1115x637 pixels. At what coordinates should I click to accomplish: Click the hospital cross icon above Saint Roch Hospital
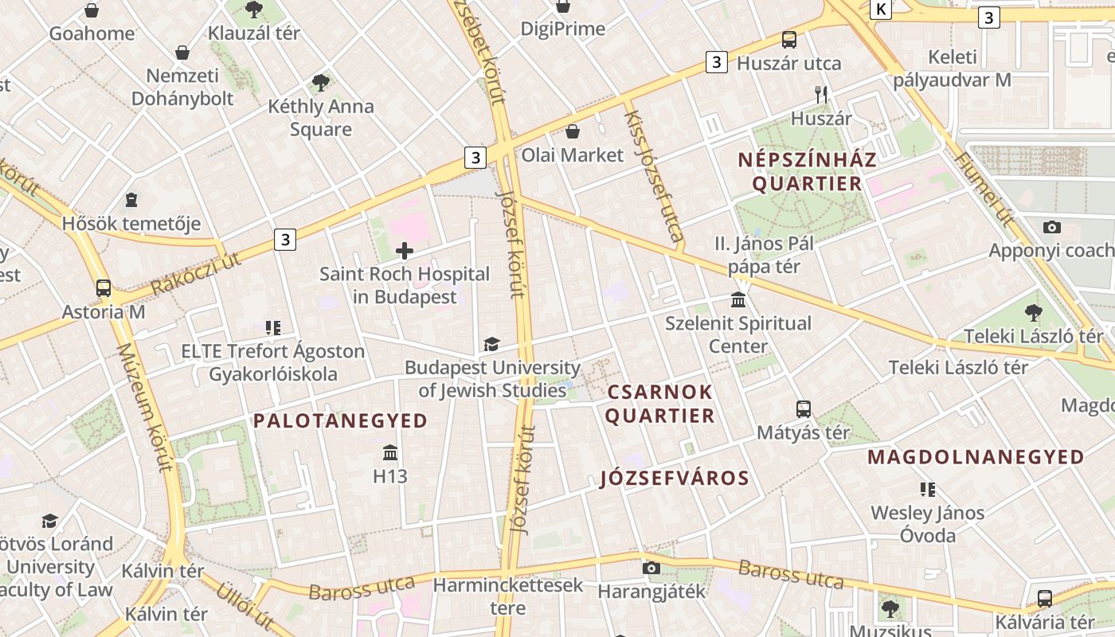pos(405,252)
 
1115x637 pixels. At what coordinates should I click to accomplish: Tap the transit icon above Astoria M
pos(104,288)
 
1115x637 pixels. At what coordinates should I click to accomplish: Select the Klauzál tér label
pos(254,33)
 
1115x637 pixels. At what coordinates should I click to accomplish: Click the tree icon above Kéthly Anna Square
pos(321,82)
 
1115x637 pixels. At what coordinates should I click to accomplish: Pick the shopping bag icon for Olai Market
pos(572,131)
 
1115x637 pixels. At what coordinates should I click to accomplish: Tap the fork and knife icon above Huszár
pos(822,95)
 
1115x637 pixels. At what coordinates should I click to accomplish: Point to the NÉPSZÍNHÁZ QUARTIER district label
pos(807,171)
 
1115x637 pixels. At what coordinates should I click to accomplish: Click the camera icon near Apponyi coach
pos(1051,228)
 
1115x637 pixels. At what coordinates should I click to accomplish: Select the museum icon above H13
pos(390,453)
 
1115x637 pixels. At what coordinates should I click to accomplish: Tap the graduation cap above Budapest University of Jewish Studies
pos(492,345)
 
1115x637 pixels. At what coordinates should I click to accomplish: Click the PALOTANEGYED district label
pos(340,420)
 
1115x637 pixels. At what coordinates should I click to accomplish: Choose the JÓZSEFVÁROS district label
pos(675,478)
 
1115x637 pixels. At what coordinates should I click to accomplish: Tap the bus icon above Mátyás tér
pos(804,409)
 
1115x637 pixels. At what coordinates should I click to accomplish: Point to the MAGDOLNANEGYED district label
pos(976,457)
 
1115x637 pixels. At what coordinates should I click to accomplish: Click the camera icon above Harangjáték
pos(651,568)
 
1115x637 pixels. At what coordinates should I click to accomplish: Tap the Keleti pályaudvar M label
pos(952,68)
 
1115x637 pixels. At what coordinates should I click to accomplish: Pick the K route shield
pos(880,9)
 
